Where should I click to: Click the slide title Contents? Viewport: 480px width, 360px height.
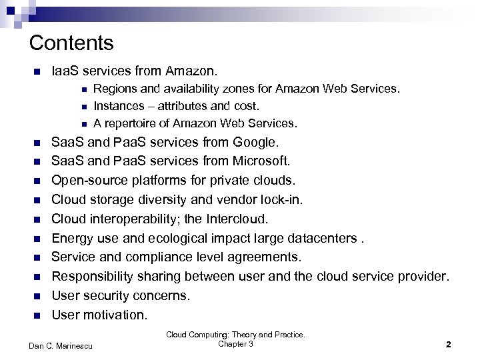(72, 43)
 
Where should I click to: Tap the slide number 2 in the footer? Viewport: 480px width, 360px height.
(449, 345)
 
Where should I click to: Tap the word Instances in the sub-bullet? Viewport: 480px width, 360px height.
(117, 105)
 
